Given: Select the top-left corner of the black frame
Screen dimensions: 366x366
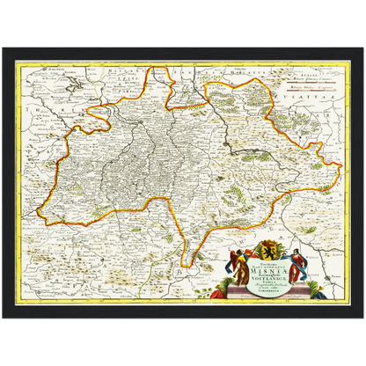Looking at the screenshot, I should (4, 51).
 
